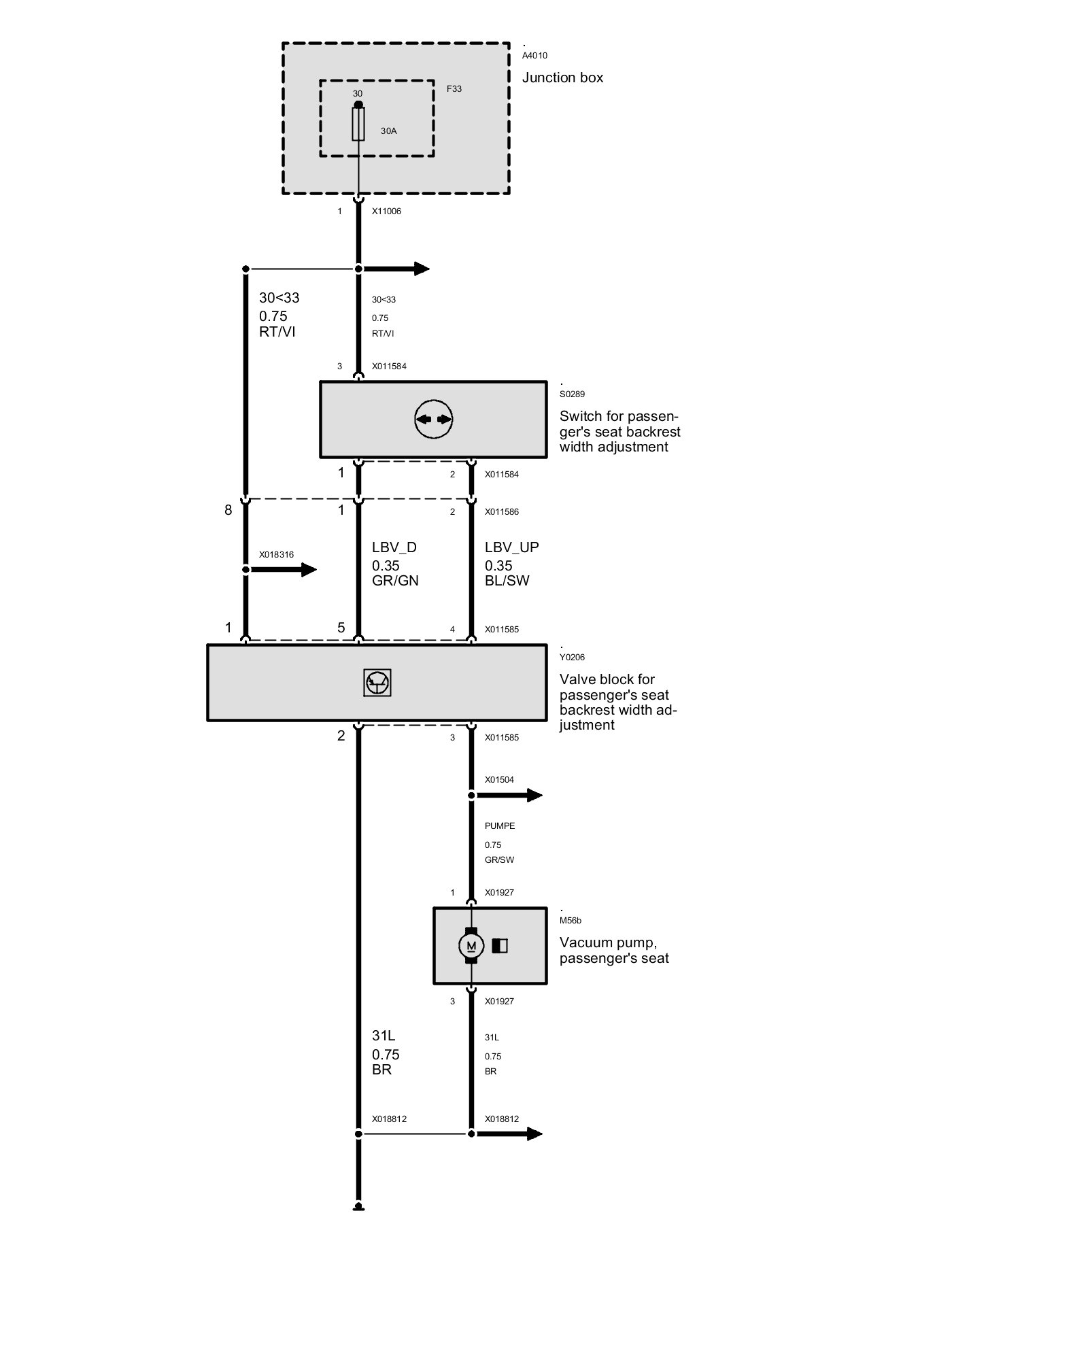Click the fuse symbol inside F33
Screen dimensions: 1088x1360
pos(358,124)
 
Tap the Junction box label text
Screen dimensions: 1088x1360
pos(562,78)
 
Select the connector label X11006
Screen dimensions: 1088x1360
pos(386,211)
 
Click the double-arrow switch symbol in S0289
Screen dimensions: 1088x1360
pos(433,420)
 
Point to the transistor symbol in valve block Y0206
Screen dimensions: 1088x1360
pos(377,683)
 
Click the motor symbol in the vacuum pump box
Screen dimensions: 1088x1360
pos(471,946)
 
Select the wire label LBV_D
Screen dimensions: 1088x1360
pos(394,547)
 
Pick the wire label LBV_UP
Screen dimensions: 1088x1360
pos(511,547)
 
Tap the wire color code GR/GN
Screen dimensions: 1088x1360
pos(395,581)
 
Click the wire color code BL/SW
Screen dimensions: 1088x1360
pos(507,581)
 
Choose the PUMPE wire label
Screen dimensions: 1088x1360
pos(500,826)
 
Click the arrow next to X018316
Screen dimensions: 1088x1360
pos(299,570)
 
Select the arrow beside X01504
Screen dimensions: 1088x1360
pos(525,795)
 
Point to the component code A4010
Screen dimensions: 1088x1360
pos(534,56)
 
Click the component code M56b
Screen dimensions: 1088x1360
pos(570,921)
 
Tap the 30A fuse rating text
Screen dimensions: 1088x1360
pos(388,131)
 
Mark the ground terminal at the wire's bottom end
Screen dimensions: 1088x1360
pos(358,1208)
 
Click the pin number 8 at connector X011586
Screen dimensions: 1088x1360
pos(228,510)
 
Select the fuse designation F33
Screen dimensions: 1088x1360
pos(454,89)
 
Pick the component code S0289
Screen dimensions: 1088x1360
pos(572,394)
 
